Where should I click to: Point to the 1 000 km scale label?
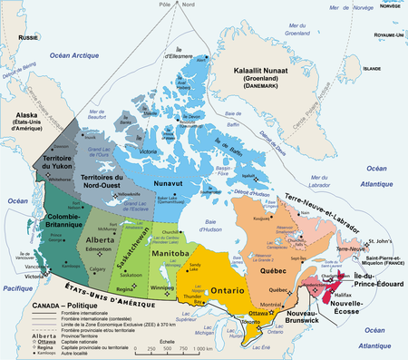click(x=200, y=348)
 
